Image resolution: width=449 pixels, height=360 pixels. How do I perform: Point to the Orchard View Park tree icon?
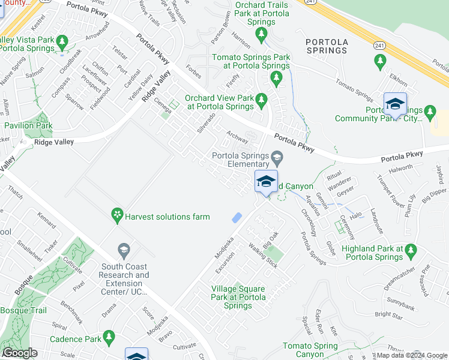click(x=261, y=100)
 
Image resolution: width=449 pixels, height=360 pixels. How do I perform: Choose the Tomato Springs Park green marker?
click(x=276, y=77)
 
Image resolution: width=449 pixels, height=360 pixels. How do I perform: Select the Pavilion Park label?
click(x=28, y=126)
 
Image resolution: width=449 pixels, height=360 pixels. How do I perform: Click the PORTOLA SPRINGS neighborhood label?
click(x=326, y=46)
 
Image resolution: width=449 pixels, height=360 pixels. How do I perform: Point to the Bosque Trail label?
click(x=23, y=310)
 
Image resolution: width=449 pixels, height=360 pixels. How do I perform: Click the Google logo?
click(x=20, y=353)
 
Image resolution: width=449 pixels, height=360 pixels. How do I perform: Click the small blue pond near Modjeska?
click(x=237, y=218)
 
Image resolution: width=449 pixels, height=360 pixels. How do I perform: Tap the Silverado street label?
click(x=206, y=121)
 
